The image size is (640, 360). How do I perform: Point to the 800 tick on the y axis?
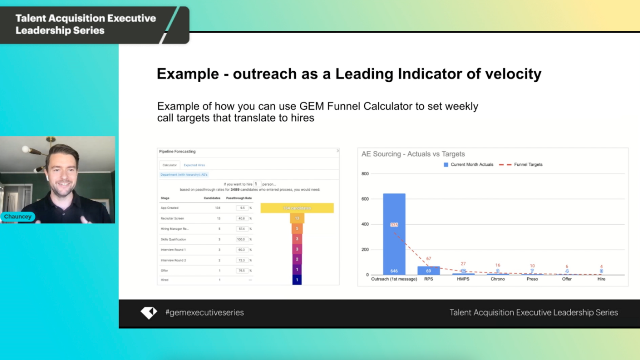point(367,172)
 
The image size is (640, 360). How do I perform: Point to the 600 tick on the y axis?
point(367,198)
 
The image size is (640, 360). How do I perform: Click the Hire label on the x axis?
point(602,280)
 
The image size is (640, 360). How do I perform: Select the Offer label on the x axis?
point(567,280)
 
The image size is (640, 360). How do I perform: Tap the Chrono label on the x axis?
point(498,280)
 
